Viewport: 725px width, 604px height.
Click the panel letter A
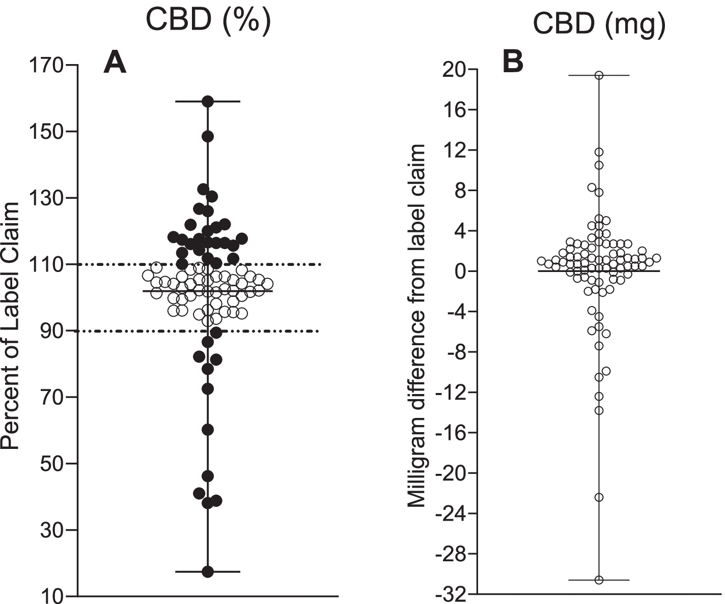pos(115,64)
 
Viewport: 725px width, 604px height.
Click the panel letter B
pos(513,63)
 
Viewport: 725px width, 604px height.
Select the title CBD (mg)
pos(599,25)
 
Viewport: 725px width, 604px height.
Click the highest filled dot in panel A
pos(208,102)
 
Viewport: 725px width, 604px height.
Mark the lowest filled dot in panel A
pos(208,572)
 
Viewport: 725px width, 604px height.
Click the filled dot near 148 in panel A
pos(208,136)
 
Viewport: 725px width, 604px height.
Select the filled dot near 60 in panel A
pos(208,430)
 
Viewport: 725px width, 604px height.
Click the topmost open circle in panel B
pos(599,75)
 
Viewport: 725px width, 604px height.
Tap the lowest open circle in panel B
pos(599,580)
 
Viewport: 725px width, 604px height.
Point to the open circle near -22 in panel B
pos(599,497)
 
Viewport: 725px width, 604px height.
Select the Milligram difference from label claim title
pos(417,325)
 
